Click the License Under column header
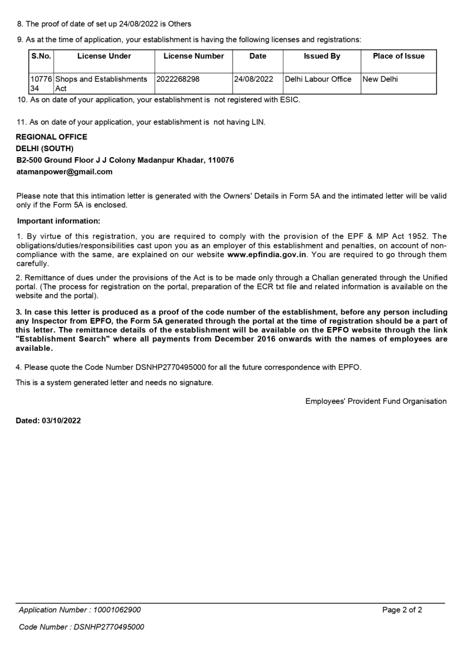pyautogui.click(x=104, y=56)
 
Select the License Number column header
pyautogui.click(x=194, y=56)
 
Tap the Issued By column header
pyautogui.click(x=322, y=56)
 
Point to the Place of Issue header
pyautogui.click(x=399, y=56)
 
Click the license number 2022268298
pyautogui.click(x=178, y=79)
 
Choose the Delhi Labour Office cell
pyautogui.click(x=318, y=79)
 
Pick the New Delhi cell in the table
pyautogui.click(x=380, y=79)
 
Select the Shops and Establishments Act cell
pyautogui.click(x=100, y=83)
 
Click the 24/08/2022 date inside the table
pyautogui.click(x=253, y=79)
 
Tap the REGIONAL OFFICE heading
pyautogui.click(x=51, y=137)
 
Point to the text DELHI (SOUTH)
pyautogui.click(x=45, y=148)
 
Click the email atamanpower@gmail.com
pyautogui.click(x=64, y=171)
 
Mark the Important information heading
pyautogui.click(x=59, y=221)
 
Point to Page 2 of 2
pyautogui.click(x=402, y=610)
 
